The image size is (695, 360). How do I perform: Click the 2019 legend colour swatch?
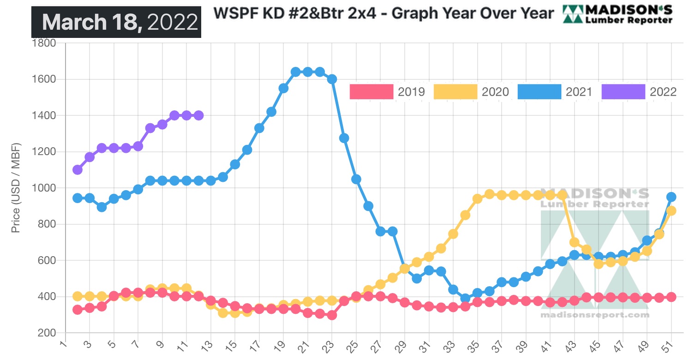(x=371, y=92)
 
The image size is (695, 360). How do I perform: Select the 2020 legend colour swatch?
(x=455, y=92)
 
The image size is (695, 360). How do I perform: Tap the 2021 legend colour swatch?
(x=539, y=92)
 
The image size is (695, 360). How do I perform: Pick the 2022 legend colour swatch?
(x=623, y=92)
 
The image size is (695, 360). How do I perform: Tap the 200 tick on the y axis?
(x=48, y=333)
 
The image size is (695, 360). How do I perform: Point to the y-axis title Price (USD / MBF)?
(x=16, y=188)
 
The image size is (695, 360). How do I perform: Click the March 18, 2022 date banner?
(x=116, y=22)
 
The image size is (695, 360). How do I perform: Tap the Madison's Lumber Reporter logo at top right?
(x=617, y=14)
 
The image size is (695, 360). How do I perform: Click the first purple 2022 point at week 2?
(x=78, y=169)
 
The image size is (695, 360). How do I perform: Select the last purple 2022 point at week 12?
(x=198, y=115)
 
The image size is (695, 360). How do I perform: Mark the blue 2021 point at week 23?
(x=332, y=79)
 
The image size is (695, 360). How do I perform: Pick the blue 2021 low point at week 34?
(x=465, y=298)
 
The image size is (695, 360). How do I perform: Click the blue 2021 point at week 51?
(x=671, y=197)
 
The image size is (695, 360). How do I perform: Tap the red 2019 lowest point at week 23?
(x=332, y=315)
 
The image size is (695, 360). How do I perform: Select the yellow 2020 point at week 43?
(x=574, y=242)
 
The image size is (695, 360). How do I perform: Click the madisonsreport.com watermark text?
(x=594, y=315)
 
